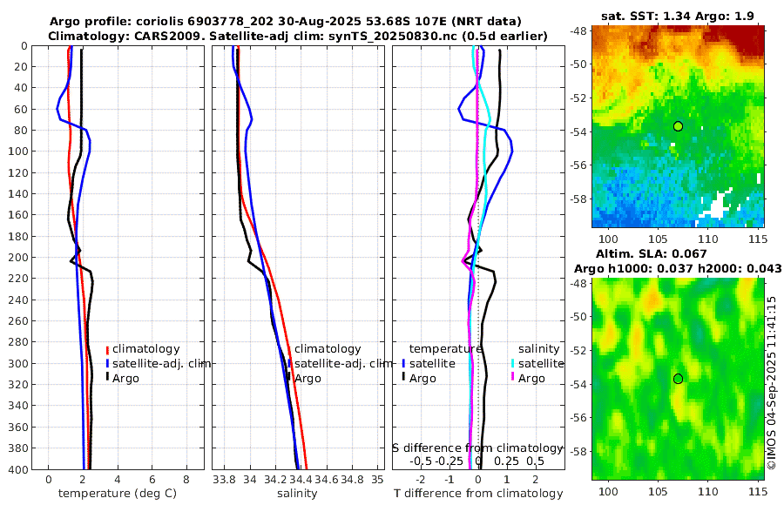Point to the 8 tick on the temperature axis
click(186, 480)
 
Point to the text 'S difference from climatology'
click(477, 447)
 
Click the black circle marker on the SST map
click(678, 126)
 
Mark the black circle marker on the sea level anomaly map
click(678, 379)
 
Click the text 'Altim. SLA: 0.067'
click(677, 253)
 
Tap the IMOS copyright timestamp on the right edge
click(772, 383)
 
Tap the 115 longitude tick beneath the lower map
click(756, 493)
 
